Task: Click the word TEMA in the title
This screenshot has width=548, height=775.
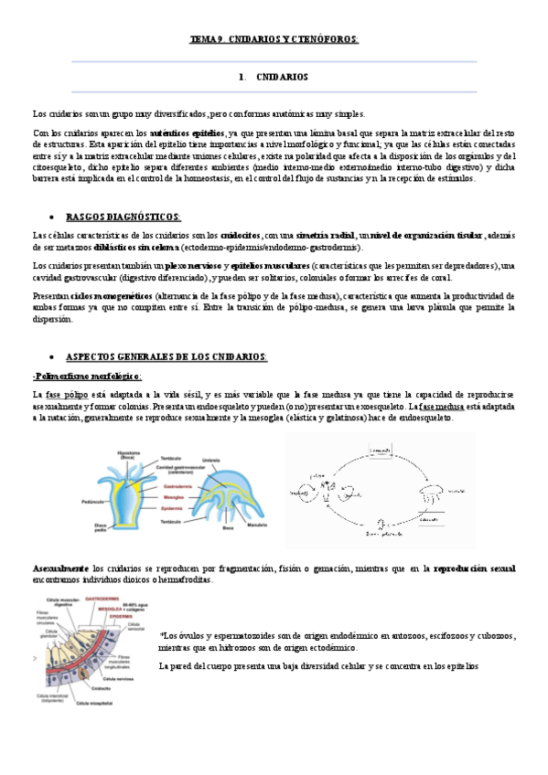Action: [199, 39]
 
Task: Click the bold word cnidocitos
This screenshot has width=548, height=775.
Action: [238, 236]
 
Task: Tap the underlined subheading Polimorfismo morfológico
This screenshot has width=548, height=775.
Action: [87, 375]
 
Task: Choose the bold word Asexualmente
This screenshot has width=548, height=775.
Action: [59, 568]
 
